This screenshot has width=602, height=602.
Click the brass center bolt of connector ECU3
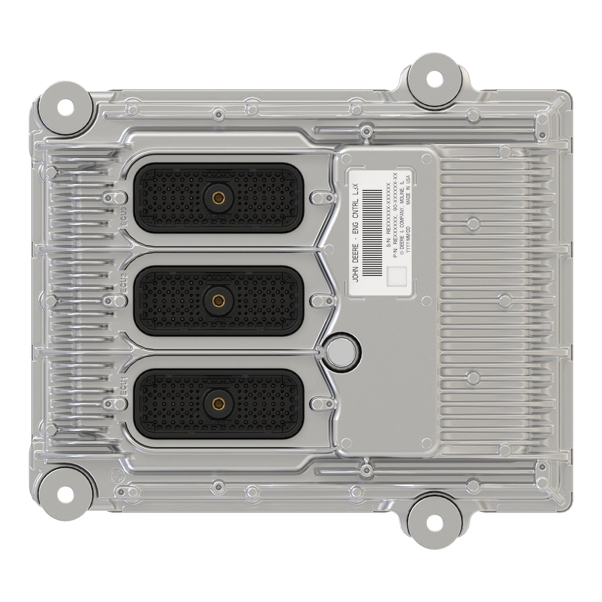(218, 198)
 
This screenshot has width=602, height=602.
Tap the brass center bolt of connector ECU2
(218, 300)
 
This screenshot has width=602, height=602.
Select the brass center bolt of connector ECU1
(218, 402)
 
